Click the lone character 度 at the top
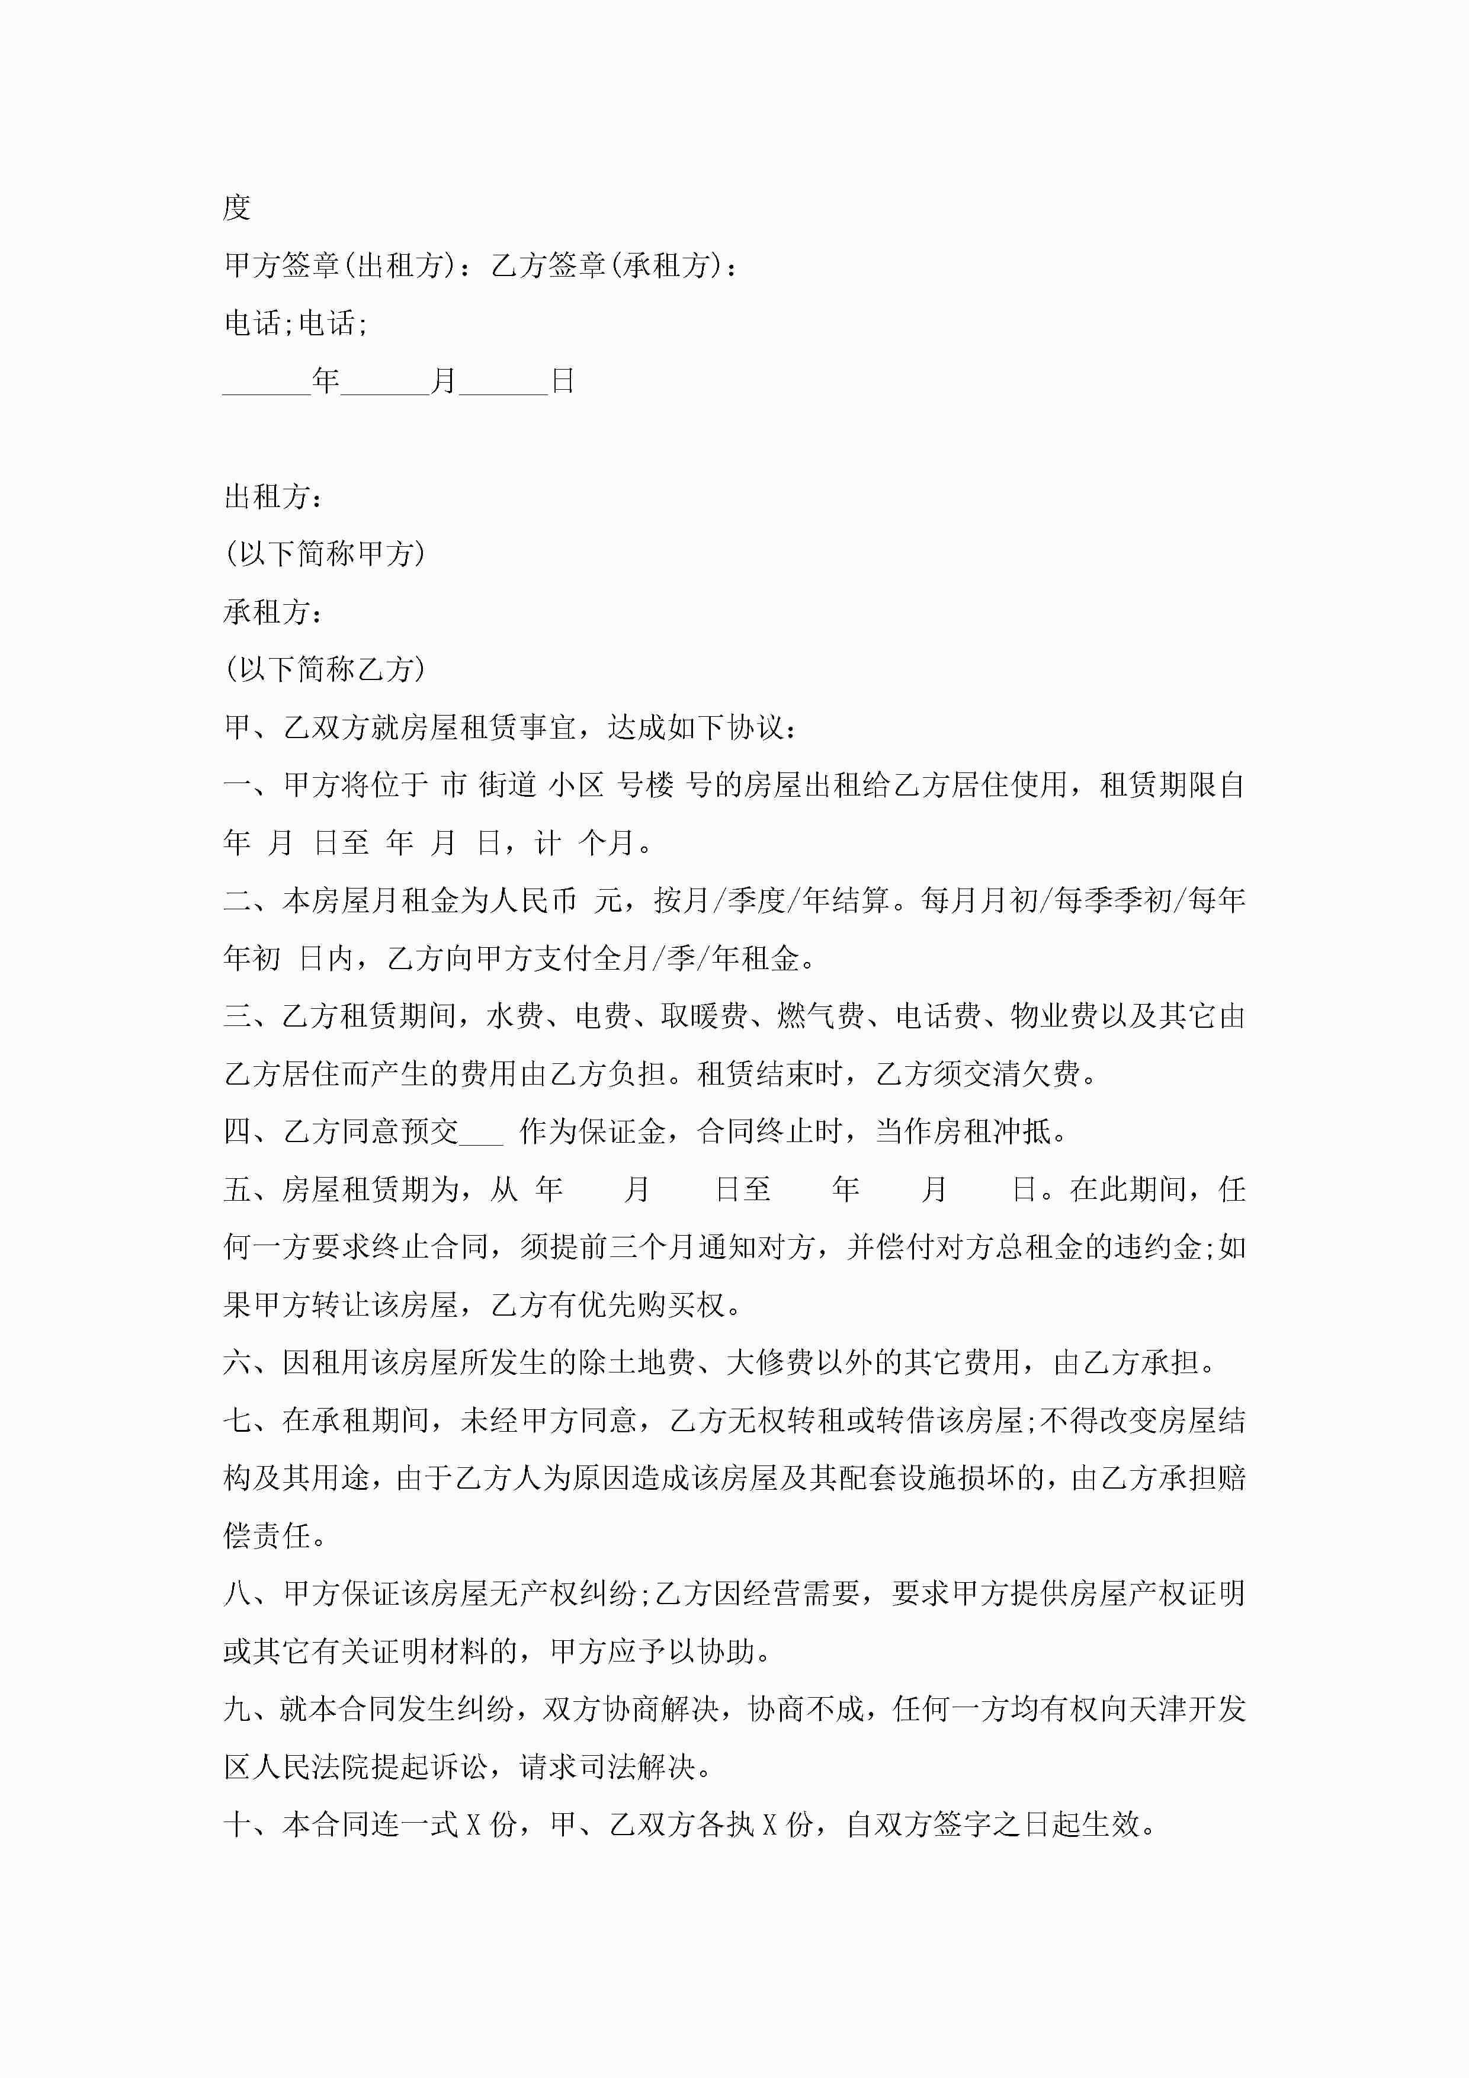[236, 207]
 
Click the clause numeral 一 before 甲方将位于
[237, 785]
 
